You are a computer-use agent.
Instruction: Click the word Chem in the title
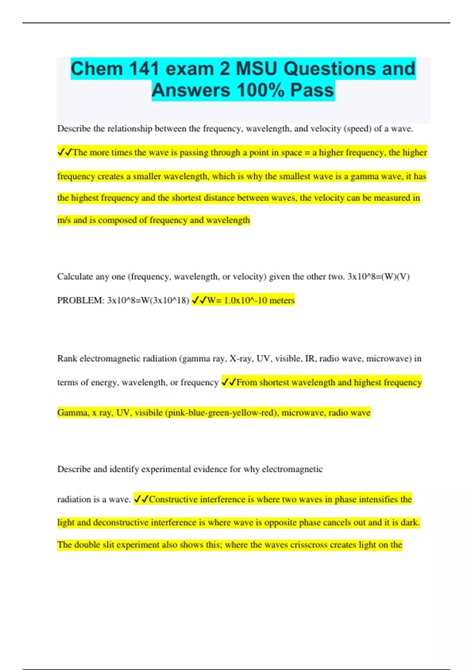point(97,69)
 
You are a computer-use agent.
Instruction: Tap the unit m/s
point(64,220)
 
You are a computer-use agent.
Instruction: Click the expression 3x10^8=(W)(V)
point(378,277)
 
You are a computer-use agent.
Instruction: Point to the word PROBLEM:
point(81,300)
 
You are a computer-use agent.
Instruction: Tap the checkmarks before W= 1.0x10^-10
point(199,300)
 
